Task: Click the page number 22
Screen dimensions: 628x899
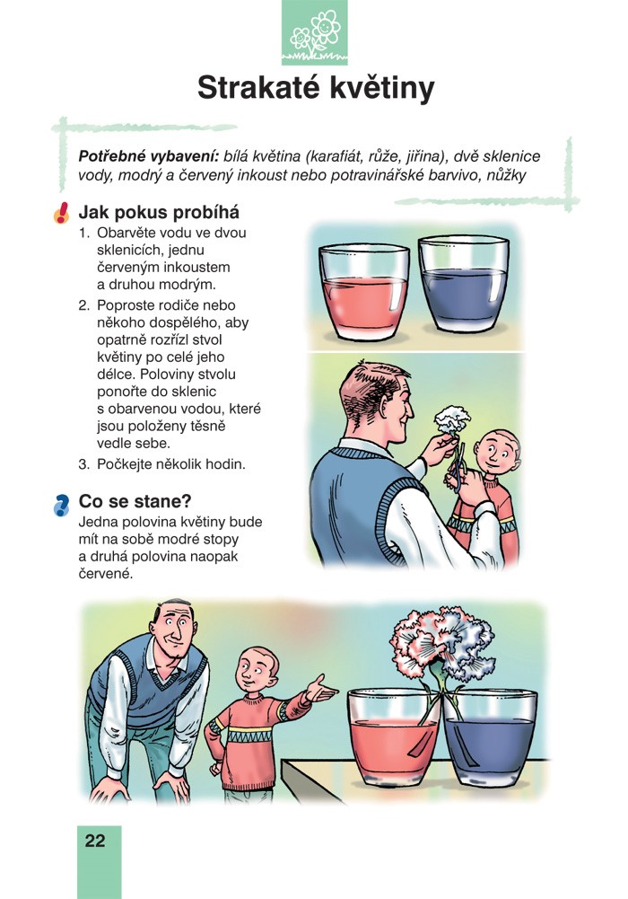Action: [95, 841]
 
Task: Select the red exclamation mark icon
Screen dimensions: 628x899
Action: [61, 213]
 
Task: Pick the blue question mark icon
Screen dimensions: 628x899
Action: [61, 505]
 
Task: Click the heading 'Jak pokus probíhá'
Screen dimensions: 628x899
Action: [159, 213]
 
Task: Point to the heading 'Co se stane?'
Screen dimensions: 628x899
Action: [135, 501]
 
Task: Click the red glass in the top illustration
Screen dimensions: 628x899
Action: [363, 292]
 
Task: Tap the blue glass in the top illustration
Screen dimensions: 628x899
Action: [463, 286]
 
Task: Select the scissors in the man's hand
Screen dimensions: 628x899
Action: [455, 469]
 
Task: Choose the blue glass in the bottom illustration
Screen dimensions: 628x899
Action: [491, 739]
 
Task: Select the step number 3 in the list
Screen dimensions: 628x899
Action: [84, 464]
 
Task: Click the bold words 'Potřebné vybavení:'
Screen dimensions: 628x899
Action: [149, 156]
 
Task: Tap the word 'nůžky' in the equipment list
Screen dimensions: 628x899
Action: [506, 175]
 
